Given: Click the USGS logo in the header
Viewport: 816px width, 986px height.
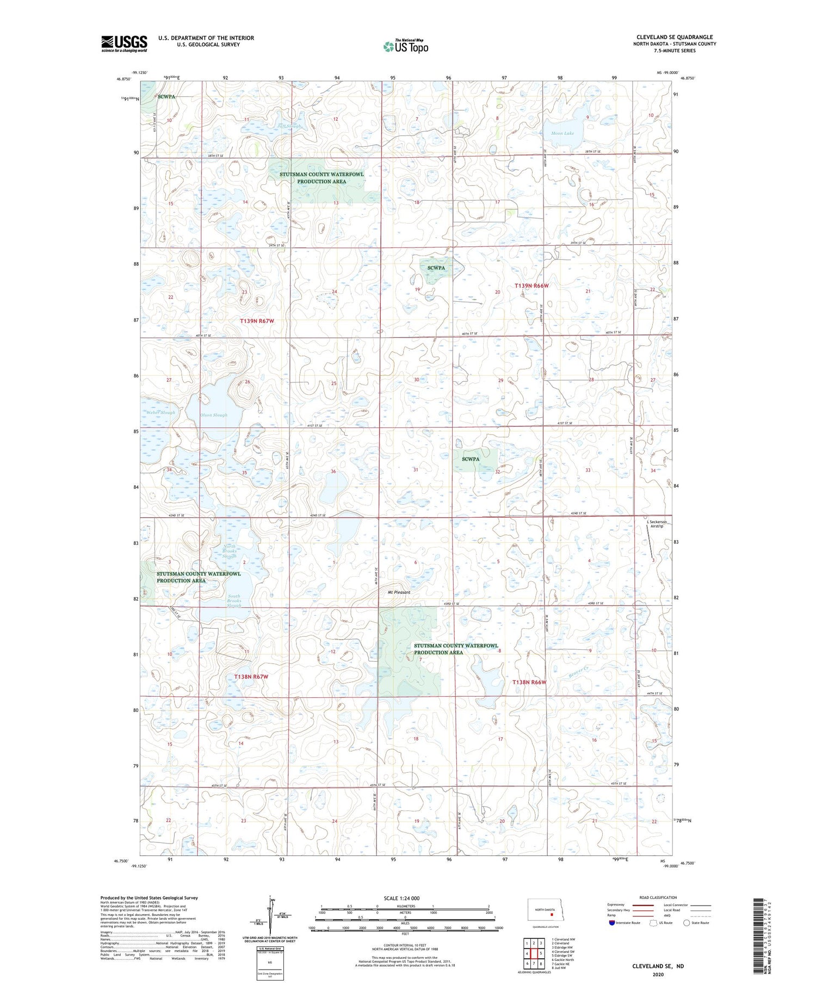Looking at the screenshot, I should (124, 44).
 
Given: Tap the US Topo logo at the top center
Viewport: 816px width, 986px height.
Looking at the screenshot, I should (405, 46).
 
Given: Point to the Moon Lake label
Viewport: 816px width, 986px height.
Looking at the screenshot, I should (562, 133).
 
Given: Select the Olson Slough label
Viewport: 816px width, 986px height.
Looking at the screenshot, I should (213, 415).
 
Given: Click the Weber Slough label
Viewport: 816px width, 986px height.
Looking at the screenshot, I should (160, 412).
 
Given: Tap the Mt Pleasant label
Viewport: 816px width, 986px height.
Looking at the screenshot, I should (399, 592).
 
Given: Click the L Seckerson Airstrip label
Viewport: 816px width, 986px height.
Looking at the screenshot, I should (657, 524).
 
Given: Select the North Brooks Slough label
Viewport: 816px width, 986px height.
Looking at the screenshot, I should (229, 551).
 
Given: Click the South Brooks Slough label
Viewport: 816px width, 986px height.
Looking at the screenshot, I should (233, 600).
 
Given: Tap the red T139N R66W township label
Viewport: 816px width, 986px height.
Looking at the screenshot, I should (531, 286).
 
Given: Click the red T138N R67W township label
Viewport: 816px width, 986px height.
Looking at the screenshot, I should (251, 676).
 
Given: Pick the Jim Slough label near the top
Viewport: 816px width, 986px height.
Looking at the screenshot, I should (289, 126).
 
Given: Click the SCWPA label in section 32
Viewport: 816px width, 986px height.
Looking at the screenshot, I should (470, 459).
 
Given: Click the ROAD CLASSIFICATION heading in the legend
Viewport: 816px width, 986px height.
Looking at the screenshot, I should (658, 897).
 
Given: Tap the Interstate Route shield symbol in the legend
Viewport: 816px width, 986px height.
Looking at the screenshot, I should (611, 922).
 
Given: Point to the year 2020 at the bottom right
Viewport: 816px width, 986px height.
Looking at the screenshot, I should (657, 974).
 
